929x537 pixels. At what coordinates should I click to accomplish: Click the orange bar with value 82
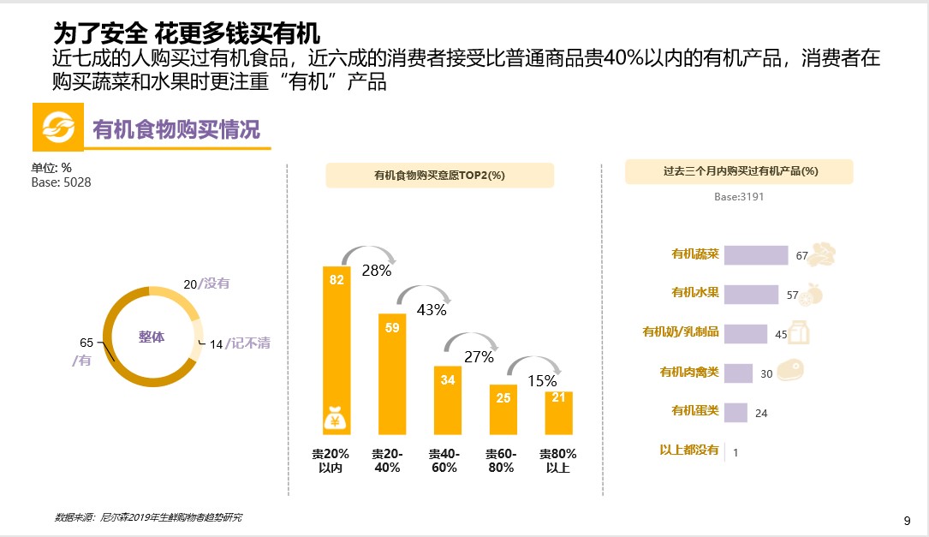[336, 343]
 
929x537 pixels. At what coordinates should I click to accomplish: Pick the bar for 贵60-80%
[503, 409]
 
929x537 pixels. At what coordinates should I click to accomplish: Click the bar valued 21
[558, 413]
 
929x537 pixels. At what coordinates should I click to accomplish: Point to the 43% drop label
[432, 310]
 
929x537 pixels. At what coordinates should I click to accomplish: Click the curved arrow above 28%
[368, 254]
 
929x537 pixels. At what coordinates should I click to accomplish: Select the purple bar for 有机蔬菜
[756, 255]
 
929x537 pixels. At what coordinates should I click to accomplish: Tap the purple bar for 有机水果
[751, 295]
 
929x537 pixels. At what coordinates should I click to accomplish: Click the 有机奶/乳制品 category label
[681, 332]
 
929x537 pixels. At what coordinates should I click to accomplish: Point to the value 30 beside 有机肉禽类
[766, 373]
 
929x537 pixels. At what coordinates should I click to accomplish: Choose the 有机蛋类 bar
[735, 413]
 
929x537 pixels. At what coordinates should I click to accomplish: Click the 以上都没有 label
[689, 450]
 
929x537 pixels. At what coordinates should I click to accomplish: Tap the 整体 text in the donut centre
[152, 337]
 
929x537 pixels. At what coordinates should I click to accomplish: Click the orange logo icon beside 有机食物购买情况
[59, 128]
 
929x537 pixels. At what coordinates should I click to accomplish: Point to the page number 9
[907, 521]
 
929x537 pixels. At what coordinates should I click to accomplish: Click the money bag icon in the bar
[336, 419]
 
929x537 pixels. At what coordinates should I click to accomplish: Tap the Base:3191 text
[739, 197]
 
